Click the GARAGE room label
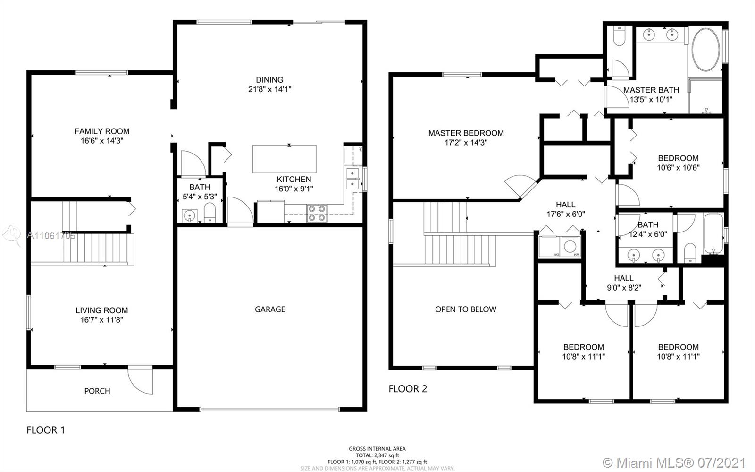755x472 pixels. [269, 309]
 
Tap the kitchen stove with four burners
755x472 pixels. [317, 213]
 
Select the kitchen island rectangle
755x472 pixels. [284, 159]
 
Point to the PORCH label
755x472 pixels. [97, 391]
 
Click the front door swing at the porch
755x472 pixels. [140, 381]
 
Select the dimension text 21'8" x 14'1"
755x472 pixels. [269, 89]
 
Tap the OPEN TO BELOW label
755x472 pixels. [465, 309]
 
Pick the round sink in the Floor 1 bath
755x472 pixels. [189, 215]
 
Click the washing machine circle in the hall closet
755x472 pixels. [570, 246]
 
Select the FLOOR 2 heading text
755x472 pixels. [408, 389]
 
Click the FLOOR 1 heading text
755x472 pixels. [45, 430]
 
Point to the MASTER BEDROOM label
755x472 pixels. [466, 133]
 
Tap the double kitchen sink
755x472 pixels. [352, 178]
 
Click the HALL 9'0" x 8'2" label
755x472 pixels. [623, 283]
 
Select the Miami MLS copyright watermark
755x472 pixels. [674, 462]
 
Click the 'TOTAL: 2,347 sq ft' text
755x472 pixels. [377, 455]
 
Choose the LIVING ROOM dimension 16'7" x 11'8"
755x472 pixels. [101, 320]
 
